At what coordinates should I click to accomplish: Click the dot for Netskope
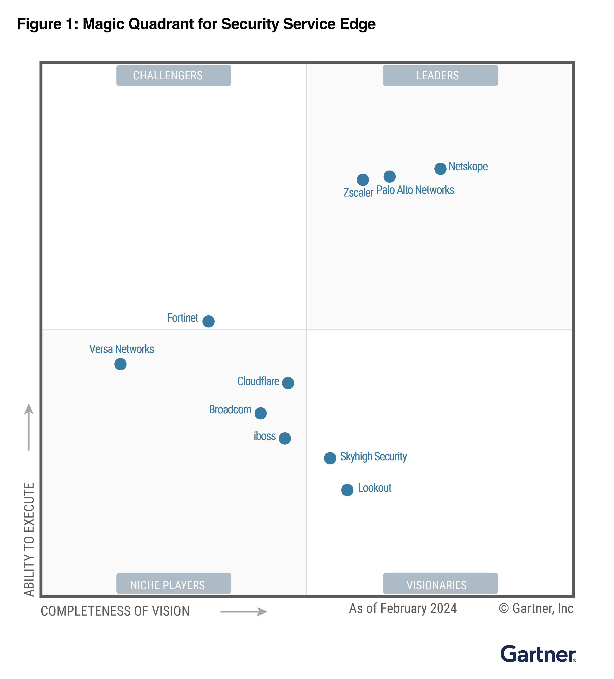(440, 168)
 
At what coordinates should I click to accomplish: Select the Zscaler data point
(363, 180)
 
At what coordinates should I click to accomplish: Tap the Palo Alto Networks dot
(390, 176)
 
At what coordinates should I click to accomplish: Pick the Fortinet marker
(208, 321)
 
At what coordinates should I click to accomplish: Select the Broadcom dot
(260, 413)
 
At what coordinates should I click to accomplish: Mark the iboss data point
(285, 438)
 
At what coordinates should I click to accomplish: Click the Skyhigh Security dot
(330, 458)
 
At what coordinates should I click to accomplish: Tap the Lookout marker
(347, 490)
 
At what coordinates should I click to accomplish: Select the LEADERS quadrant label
(440, 76)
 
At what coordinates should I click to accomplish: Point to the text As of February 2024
(403, 608)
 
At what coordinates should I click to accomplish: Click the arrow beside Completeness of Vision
(244, 612)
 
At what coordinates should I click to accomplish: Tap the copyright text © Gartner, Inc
(536, 608)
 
